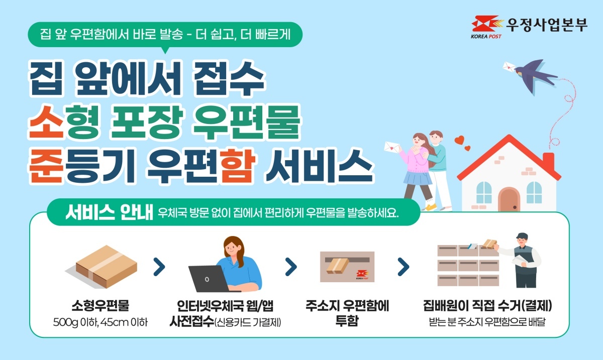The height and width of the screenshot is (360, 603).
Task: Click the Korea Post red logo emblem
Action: (487, 24)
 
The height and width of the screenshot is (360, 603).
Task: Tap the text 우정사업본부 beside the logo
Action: (547, 25)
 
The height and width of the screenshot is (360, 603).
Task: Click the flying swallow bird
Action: (536, 76)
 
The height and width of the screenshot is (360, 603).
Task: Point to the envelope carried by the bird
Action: (509, 67)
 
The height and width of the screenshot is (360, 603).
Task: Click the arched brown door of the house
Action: (509, 199)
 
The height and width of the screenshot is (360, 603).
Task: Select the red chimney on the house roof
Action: (548, 162)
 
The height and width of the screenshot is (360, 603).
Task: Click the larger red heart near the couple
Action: (459, 140)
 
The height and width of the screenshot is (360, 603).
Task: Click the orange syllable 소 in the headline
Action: (46, 122)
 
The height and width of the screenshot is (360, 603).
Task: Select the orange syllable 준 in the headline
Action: (46, 166)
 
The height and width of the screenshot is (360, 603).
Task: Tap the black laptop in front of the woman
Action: (211, 279)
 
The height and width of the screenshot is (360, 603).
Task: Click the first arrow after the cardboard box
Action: (159, 267)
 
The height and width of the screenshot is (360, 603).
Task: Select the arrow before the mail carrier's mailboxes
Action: (403, 267)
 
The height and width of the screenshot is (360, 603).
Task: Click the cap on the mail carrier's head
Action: (522, 235)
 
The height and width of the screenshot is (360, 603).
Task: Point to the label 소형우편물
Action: (100, 305)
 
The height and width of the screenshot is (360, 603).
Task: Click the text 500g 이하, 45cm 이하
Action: (100, 322)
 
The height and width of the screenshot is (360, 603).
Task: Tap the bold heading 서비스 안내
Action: (110, 212)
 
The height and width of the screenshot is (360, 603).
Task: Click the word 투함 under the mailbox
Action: (347, 320)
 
